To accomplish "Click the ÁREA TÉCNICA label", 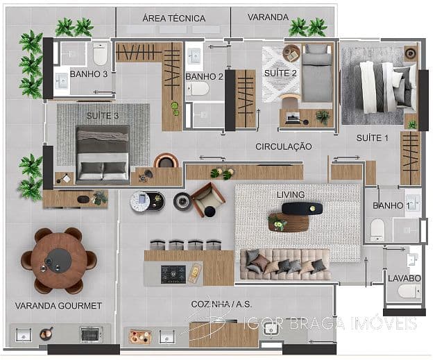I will click(173, 17).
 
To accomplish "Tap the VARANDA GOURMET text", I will click(58, 305).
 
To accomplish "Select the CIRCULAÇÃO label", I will click(283, 146).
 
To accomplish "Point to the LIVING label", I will click(291, 194).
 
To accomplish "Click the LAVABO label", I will click(404, 278).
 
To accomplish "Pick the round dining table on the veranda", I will click(59, 259).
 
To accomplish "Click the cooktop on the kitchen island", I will click(173, 274).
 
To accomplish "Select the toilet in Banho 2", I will click(199, 89).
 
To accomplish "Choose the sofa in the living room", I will click(284, 264).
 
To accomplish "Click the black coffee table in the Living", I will click(302, 207).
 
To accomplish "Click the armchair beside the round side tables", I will click(207, 199).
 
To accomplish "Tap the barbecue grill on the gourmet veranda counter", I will click(90, 334).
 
